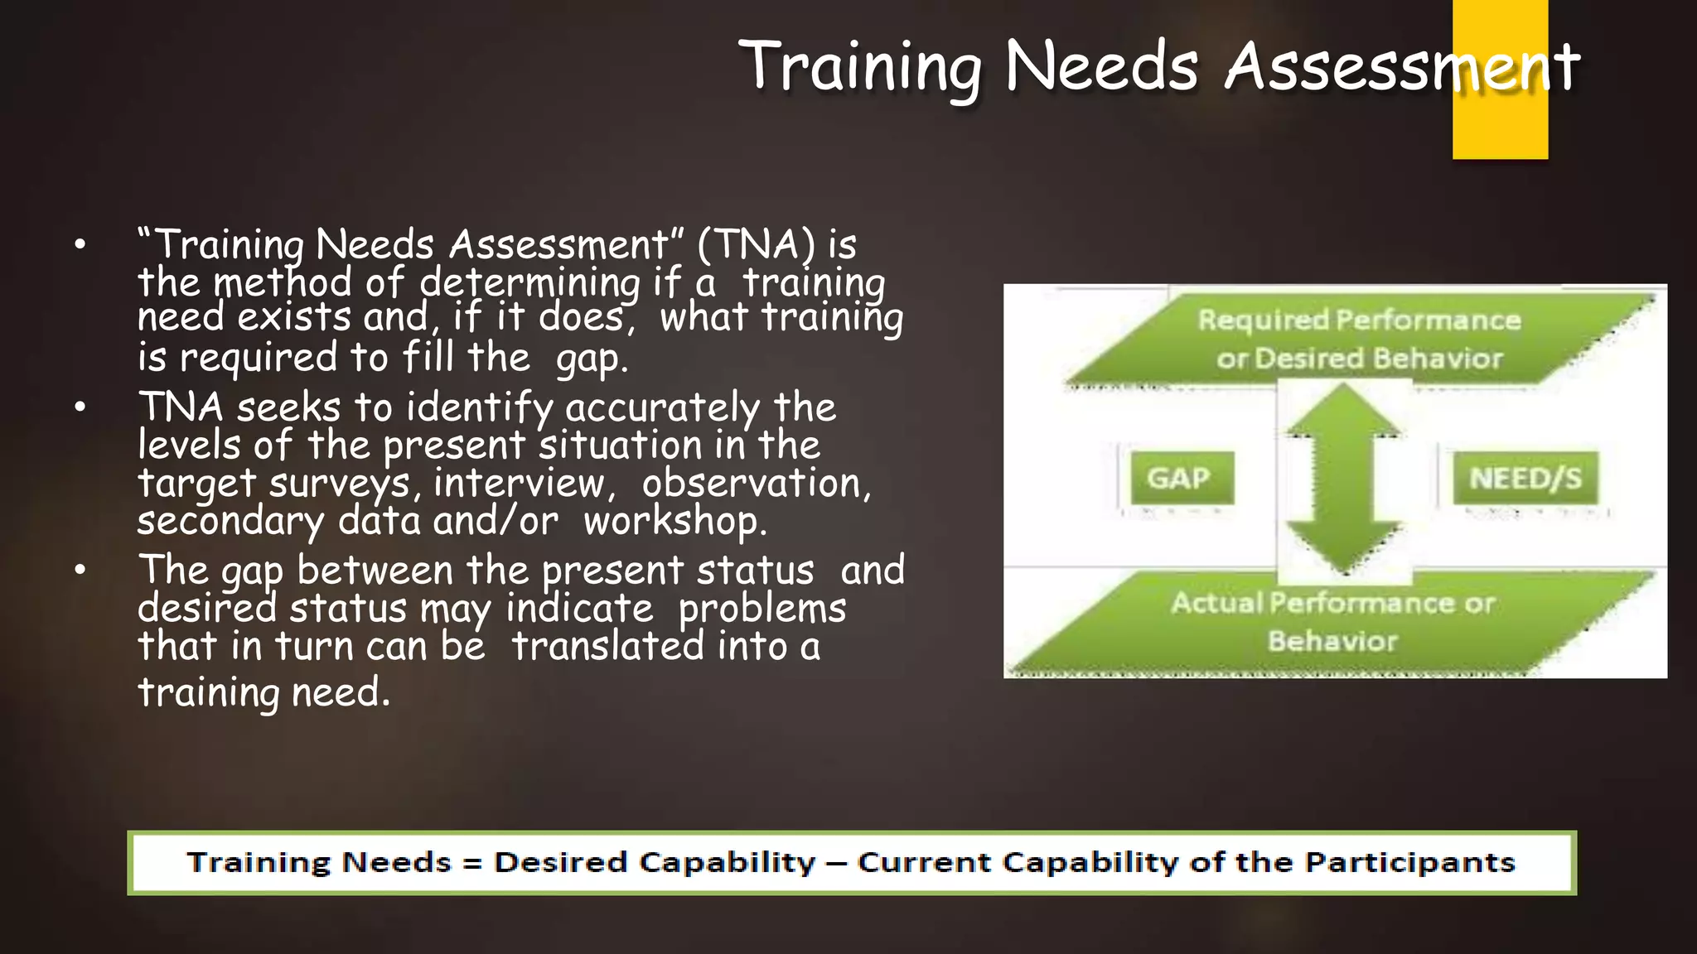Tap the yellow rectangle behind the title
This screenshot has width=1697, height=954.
point(1500,124)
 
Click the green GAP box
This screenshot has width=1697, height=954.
point(1182,478)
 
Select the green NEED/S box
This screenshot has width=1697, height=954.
point(1525,478)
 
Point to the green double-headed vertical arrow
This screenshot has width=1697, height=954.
point(1343,480)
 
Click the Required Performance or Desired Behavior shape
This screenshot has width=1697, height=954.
point(1359,340)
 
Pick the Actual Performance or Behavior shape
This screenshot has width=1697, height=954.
point(1332,622)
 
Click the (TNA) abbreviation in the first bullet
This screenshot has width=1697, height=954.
point(756,244)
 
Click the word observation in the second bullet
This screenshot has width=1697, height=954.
point(755,483)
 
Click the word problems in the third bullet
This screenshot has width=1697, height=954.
point(761,609)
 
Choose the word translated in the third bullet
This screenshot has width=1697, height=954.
point(607,646)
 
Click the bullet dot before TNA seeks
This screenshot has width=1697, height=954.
point(80,407)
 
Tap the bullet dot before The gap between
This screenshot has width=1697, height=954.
point(80,569)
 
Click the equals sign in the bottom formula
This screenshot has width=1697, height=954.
point(472,863)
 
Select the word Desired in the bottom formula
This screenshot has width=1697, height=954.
point(560,863)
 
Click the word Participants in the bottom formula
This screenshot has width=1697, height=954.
point(1409,863)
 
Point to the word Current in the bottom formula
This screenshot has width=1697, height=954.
point(923,863)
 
